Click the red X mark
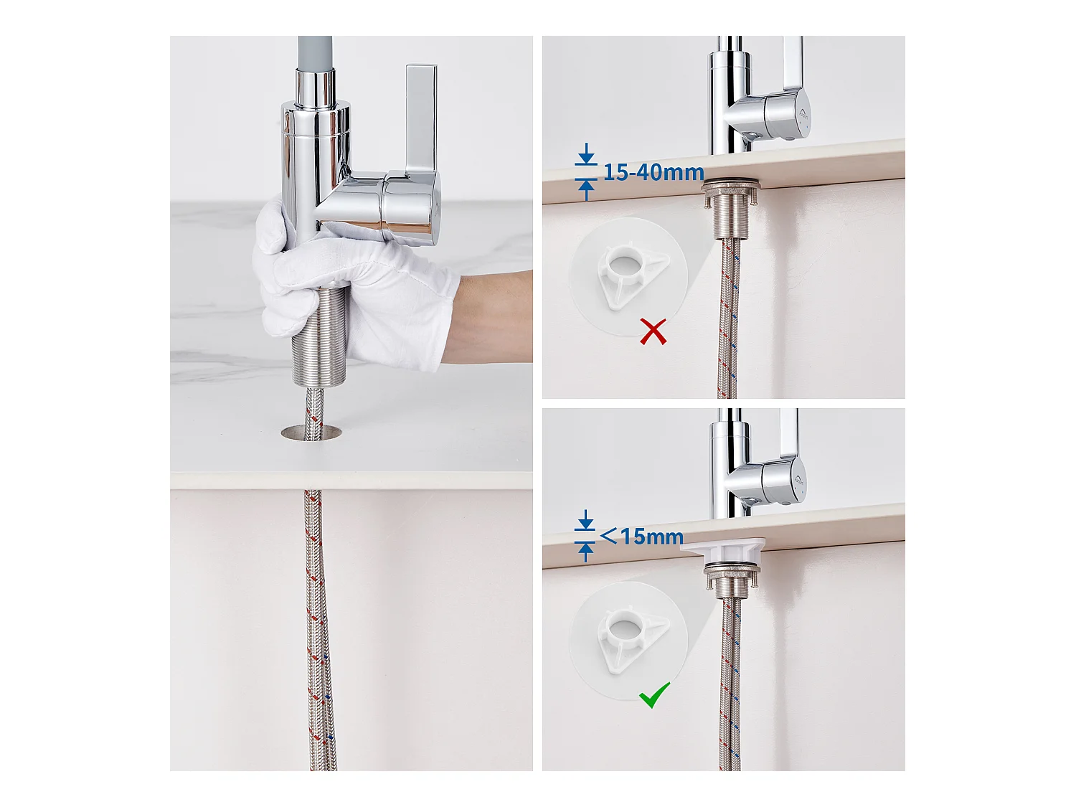(x=653, y=331)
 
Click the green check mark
(x=654, y=695)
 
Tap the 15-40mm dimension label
(x=653, y=172)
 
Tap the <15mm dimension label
(x=641, y=536)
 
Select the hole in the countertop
(x=311, y=432)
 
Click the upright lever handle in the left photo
(x=420, y=120)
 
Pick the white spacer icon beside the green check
(x=633, y=640)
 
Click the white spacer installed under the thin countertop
(x=723, y=551)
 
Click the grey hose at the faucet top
(x=315, y=53)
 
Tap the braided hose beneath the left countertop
(x=320, y=630)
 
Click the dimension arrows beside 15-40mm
(x=586, y=172)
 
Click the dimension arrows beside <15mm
(x=585, y=536)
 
